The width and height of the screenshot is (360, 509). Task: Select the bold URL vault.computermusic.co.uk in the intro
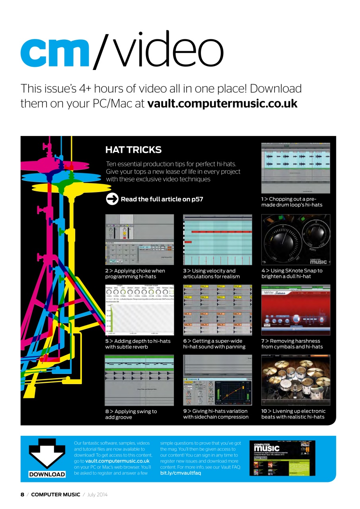point(222,104)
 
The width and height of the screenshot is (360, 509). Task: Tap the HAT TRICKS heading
point(133,150)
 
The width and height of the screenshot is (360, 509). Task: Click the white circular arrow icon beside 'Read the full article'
point(112,199)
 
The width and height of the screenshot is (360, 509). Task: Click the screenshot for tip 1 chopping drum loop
point(296,168)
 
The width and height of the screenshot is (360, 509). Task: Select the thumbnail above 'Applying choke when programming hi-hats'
point(139,239)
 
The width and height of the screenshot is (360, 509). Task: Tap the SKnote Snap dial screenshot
point(296,239)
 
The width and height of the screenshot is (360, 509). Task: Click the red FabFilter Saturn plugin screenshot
point(296,310)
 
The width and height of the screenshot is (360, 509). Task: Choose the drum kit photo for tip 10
point(296,380)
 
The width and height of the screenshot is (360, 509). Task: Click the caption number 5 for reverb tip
point(107,341)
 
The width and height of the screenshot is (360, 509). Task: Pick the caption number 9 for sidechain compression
point(185,411)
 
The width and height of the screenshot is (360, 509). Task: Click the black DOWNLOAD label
point(47,474)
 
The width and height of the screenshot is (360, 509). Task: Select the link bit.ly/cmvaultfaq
point(180,473)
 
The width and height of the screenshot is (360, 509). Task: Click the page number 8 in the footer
point(23,495)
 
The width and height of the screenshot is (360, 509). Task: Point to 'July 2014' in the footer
point(97,495)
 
